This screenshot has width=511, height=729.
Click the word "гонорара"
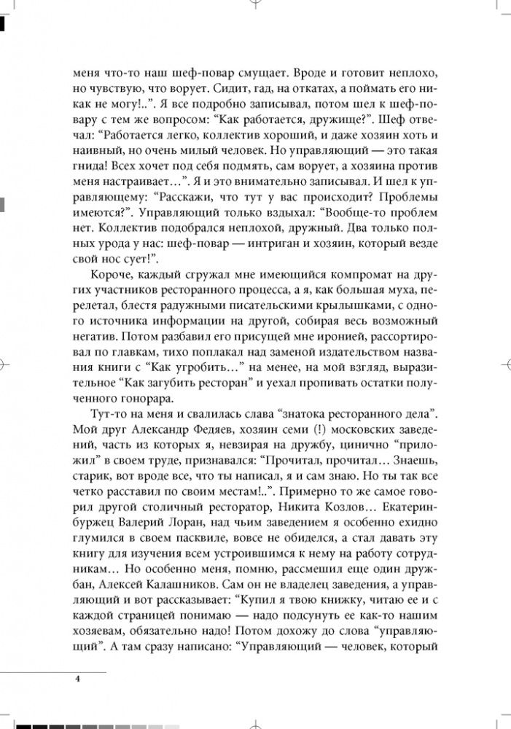click(x=143, y=398)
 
